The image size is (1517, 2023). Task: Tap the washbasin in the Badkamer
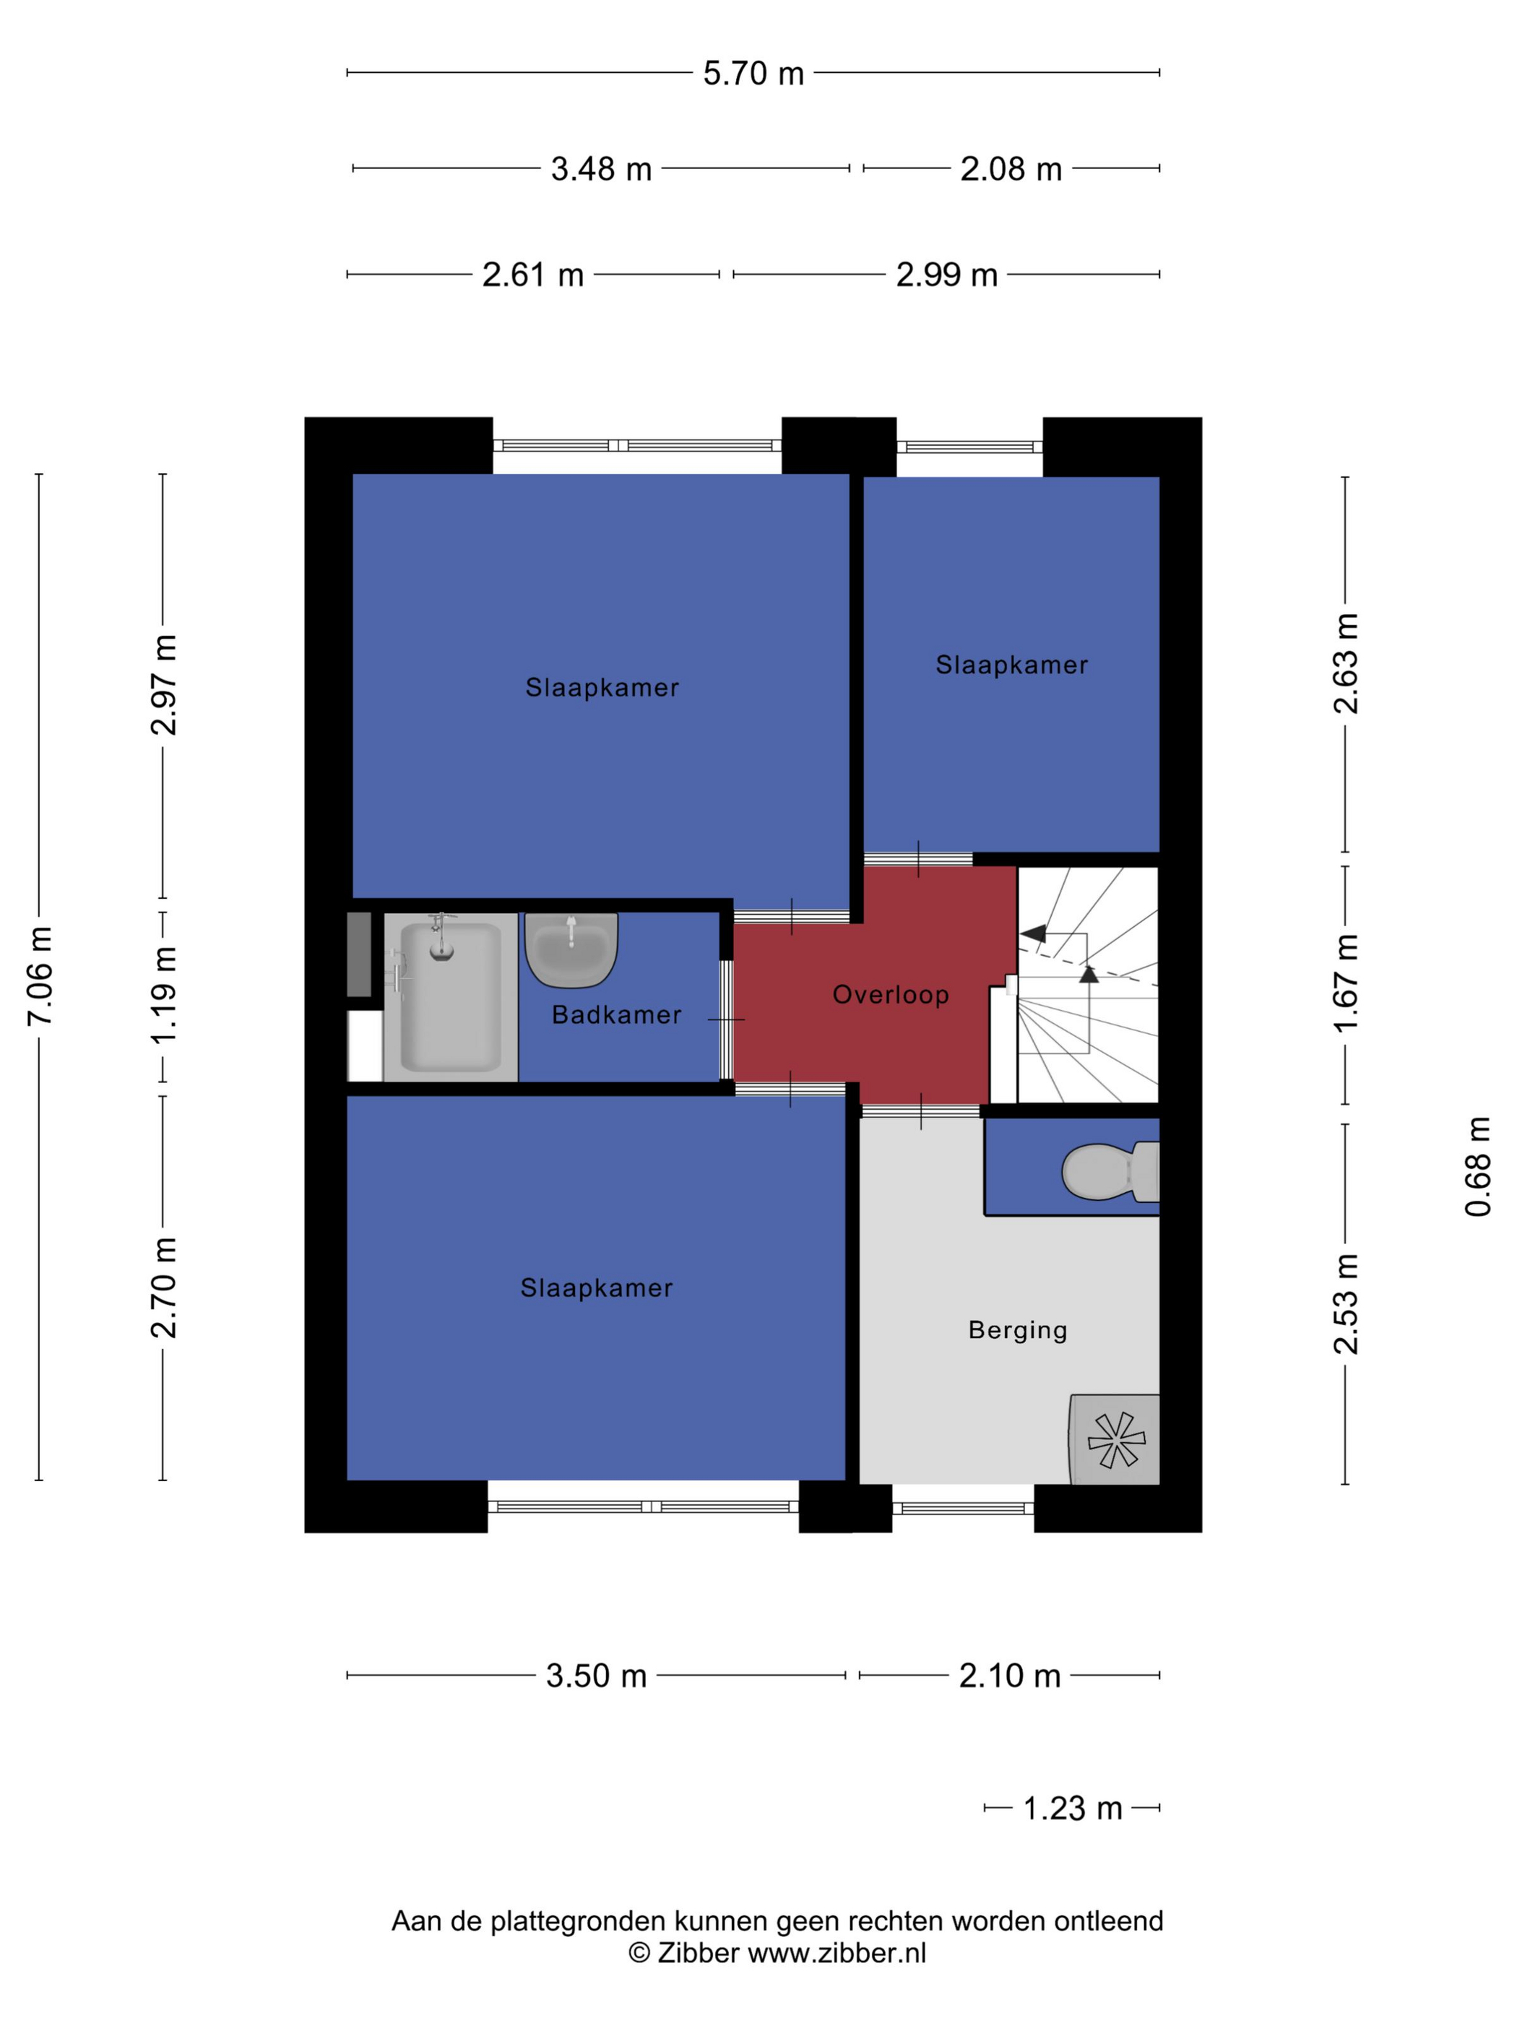[x=571, y=949]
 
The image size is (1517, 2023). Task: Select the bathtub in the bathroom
[x=450, y=997]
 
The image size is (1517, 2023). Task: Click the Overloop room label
[x=890, y=994]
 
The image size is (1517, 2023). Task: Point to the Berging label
[x=1017, y=1331]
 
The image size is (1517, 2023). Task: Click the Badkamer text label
[x=616, y=1014]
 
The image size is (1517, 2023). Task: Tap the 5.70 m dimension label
[x=753, y=73]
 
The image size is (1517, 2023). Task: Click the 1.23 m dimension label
[x=1072, y=1809]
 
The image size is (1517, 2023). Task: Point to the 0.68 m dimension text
[x=1478, y=1166]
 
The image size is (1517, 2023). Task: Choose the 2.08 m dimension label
[x=1011, y=169]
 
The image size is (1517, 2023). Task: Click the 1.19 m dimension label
[x=165, y=995]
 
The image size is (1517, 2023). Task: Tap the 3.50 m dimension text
[x=596, y=1676]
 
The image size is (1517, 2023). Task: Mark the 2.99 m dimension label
[x=946, y=275]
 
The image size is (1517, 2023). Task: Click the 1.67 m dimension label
[x=1346, y=983]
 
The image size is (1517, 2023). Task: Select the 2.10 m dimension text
[x=1009, y=1676]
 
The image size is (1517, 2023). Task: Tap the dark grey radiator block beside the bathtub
[x=358, y=954]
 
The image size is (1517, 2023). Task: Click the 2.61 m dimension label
[x=532, y=275]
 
